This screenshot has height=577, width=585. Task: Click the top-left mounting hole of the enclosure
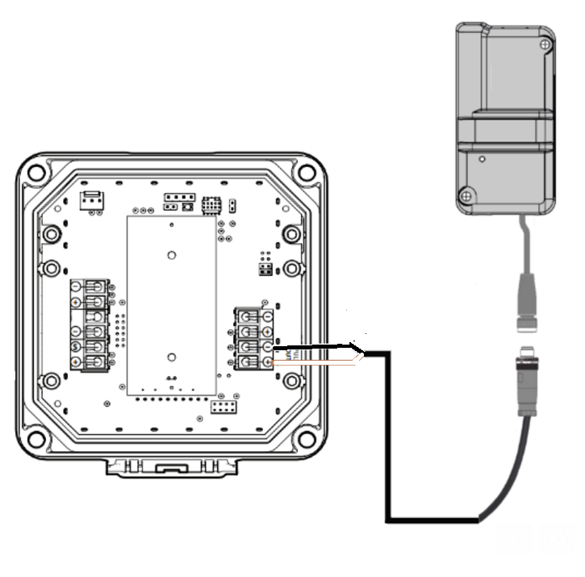(36, 173)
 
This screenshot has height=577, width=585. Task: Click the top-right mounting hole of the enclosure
(306, 172)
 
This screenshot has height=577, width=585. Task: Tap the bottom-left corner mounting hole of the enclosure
(36, 440)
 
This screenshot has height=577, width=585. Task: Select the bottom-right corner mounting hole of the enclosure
(306, 440)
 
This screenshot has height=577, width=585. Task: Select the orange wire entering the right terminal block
(315, 363)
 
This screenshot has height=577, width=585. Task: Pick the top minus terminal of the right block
(244, 316)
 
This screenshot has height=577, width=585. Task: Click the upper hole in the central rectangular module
(171, 255)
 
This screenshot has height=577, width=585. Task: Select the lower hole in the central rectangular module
(171, 356)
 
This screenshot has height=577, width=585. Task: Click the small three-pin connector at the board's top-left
(90, 199)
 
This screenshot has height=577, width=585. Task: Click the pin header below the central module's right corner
(220, 408)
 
